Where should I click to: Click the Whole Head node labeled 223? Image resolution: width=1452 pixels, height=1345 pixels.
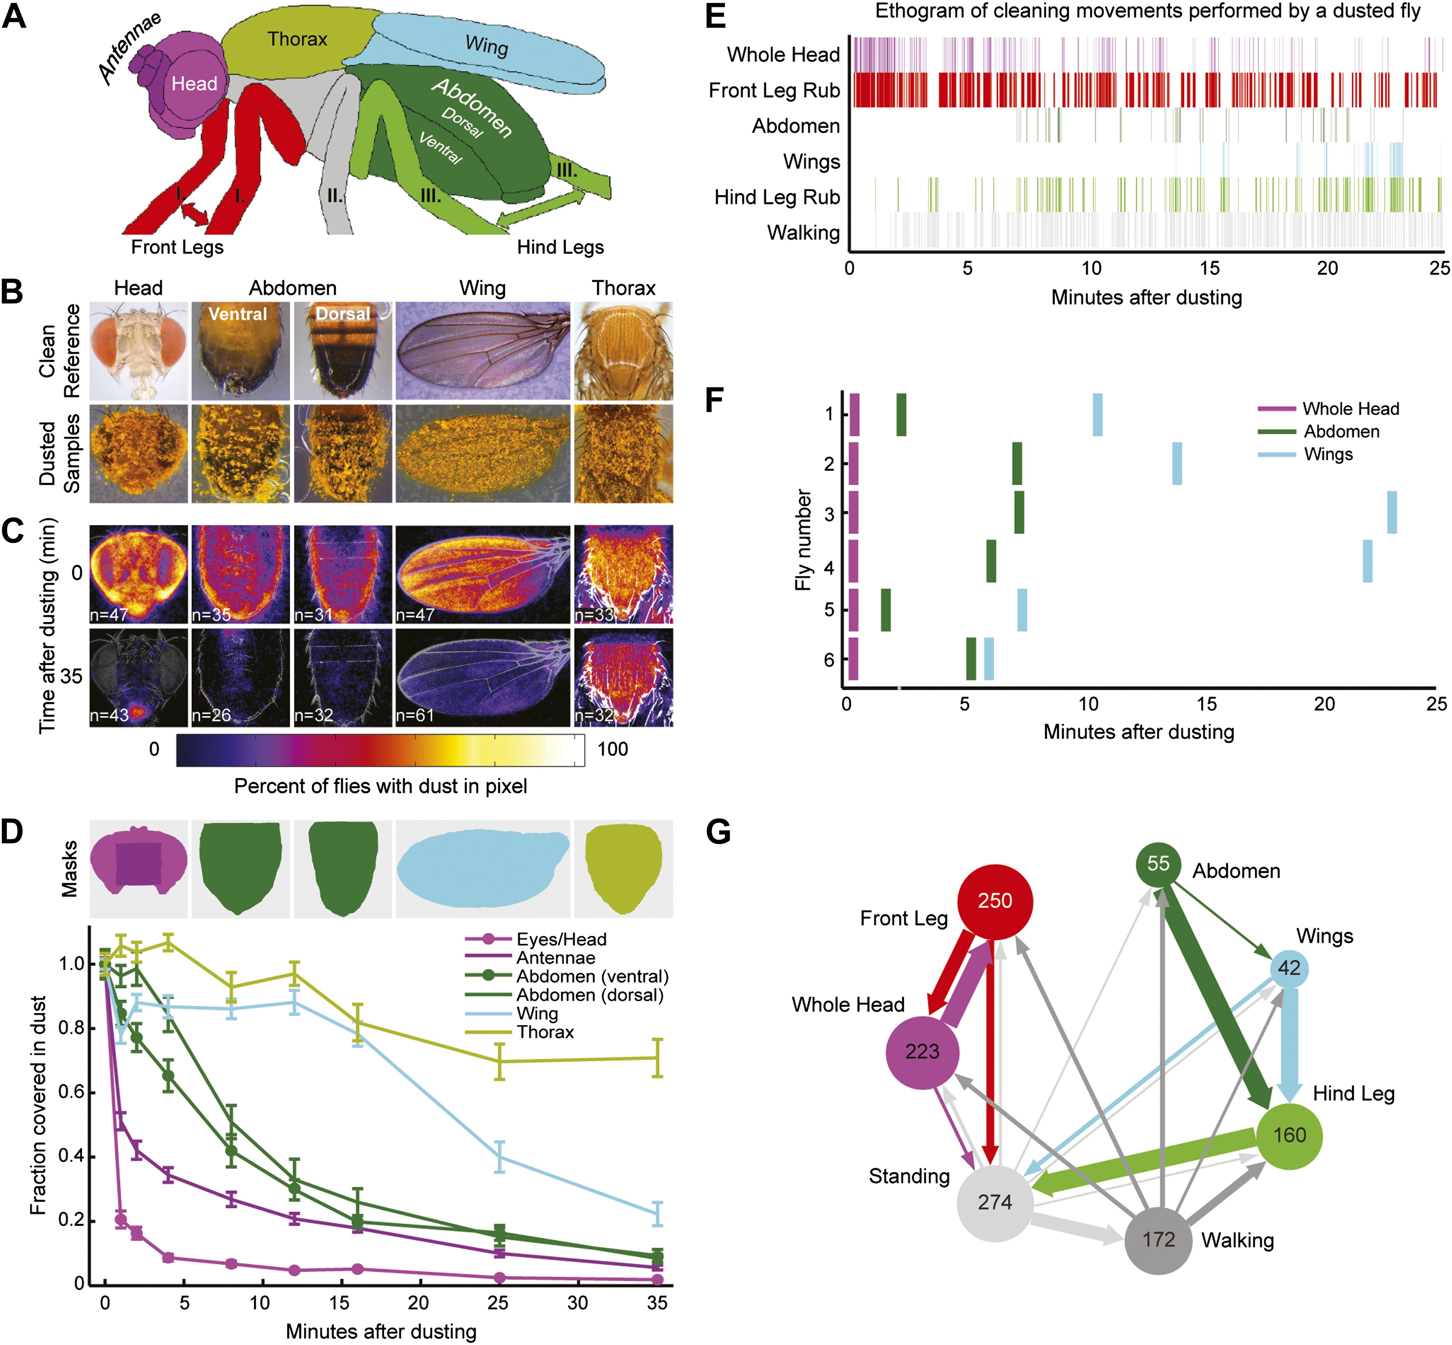[x=922, y=1052]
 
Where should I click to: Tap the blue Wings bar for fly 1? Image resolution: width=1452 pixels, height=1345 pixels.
[x=1097, y=415]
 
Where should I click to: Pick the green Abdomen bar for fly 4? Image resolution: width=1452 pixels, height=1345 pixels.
[x=990, y=560]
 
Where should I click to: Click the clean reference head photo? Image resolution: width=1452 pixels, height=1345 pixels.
[x=138, y=351]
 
